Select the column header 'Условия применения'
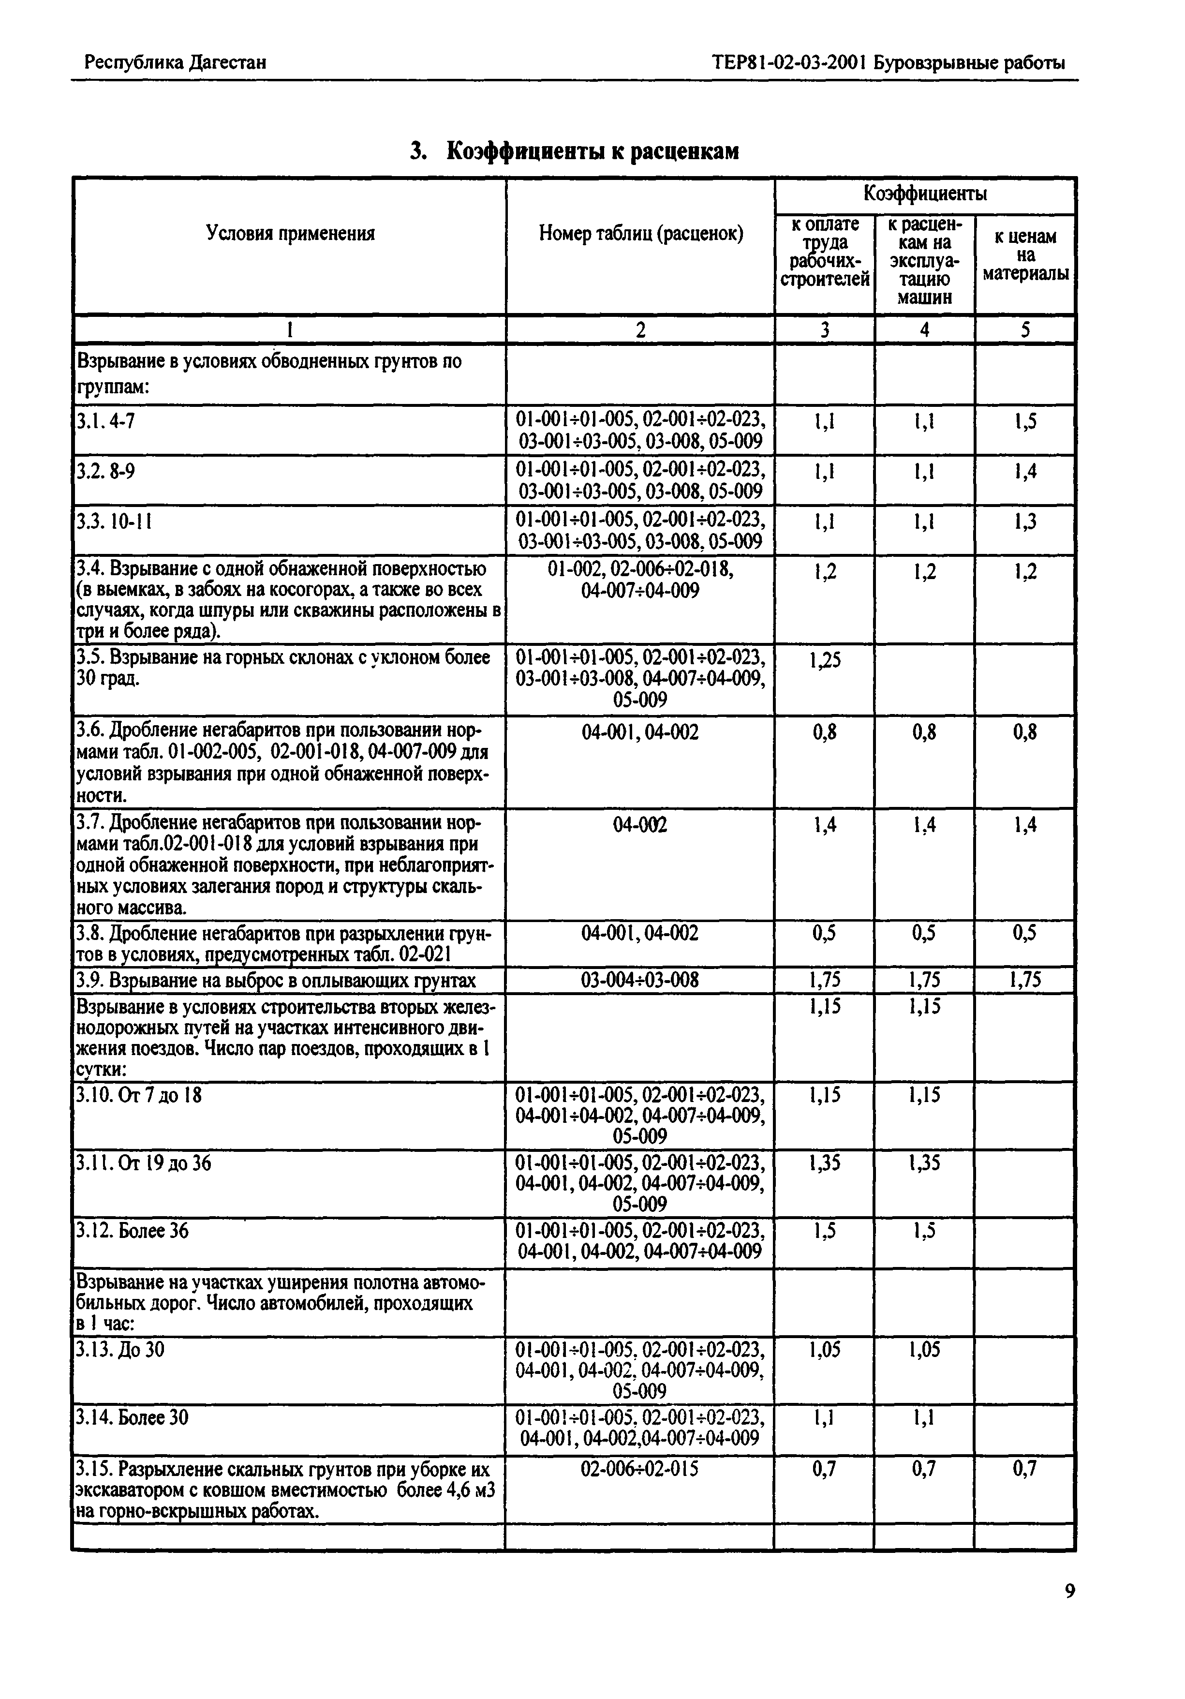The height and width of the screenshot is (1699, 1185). coord(290,234)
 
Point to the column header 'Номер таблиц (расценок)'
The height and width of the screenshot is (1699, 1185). coord(640,234)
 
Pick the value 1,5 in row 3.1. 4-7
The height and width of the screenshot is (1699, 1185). coord(1025,422)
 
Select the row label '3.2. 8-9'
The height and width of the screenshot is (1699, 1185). coord(106,471)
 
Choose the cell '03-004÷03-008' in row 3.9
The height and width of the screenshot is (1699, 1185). coord(640,981)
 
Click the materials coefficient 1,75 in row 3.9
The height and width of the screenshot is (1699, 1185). coord(1025,981)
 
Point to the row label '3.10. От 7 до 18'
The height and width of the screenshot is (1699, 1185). coord(139,1094)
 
